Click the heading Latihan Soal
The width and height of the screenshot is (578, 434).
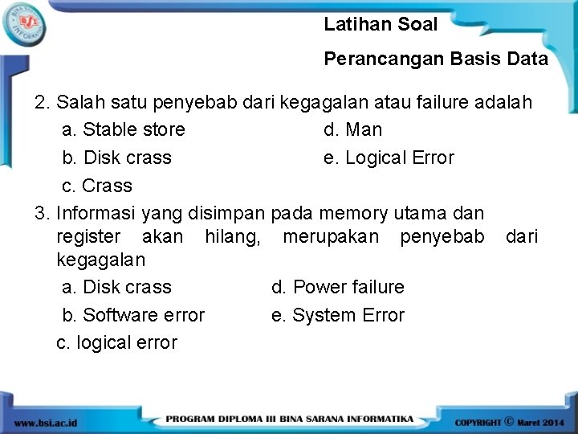click(381, 25)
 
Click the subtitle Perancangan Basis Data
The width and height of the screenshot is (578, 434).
click(436, 59)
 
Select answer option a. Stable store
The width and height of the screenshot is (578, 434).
click(123, 129)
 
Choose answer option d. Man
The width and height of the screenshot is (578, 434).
click(352, 129)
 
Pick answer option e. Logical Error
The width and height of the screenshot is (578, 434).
click(389, 158)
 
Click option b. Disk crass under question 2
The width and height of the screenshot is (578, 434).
click(116, 158)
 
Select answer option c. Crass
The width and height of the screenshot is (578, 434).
click(97, 186)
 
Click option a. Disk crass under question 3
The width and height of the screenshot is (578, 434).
click(116, 287)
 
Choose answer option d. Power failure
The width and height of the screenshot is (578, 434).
click(337, 287)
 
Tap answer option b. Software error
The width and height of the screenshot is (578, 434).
click(133, 315)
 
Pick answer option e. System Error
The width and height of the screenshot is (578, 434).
click(337, 315)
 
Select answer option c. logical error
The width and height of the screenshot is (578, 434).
click(117, 342)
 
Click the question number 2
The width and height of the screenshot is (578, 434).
click(42, 103)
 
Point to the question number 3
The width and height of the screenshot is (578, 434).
click(42, 213)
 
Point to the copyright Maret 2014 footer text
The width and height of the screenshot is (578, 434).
click(510, 421)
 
